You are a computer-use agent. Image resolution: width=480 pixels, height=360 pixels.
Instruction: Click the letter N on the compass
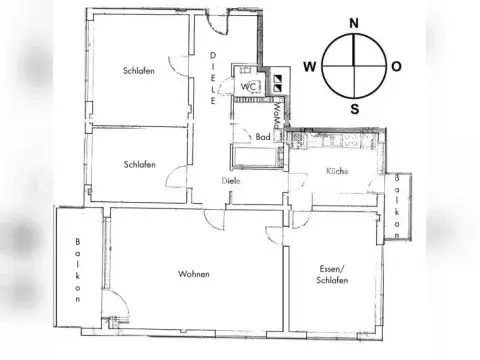353,21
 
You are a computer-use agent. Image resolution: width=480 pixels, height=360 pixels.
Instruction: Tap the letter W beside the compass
311,67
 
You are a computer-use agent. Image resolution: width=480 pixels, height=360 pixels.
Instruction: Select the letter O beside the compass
397,67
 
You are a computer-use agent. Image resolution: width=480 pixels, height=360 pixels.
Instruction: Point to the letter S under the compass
353,109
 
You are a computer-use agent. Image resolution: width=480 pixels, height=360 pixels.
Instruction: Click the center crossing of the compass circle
353,66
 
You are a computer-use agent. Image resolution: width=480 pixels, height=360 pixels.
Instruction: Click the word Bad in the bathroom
262,137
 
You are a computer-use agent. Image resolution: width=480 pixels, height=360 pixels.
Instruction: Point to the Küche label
336,172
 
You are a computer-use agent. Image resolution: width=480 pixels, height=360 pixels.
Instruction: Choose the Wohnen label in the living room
193,273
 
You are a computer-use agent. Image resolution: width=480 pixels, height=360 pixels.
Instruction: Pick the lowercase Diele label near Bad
231,181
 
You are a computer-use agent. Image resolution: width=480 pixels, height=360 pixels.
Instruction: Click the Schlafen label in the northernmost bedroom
138,71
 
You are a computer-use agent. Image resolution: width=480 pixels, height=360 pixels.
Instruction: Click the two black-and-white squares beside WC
280,86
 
